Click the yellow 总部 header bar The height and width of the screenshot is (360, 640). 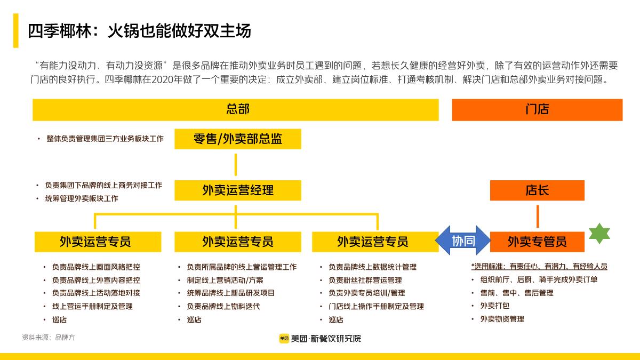[235, 110]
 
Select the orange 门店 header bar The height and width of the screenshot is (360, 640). [537, 110]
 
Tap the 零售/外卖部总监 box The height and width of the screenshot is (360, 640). [237, 139]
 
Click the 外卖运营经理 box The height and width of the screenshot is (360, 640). [237, 190]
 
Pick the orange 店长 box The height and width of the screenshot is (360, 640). [537, 190]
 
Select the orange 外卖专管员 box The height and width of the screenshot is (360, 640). [537, 242]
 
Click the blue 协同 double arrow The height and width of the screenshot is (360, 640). [463, 241]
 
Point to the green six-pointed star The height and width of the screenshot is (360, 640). [599, 234]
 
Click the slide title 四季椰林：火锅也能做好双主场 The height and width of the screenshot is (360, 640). [139, 31]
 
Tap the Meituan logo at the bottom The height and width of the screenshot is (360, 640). [284, 338]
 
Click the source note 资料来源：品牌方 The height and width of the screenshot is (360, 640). [49, 338]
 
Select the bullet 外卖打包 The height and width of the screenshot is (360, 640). [494, 306]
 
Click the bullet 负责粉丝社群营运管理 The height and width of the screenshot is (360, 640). [365, 280]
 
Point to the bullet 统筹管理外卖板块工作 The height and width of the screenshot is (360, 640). [81, 198]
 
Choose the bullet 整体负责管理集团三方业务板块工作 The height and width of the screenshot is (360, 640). [105, 139]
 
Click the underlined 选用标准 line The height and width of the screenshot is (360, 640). [539, 266]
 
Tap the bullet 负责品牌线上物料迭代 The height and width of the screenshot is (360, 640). [223, 306]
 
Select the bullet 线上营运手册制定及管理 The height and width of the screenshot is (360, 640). [92, 306]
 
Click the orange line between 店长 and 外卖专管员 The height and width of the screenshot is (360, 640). [537, 216]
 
